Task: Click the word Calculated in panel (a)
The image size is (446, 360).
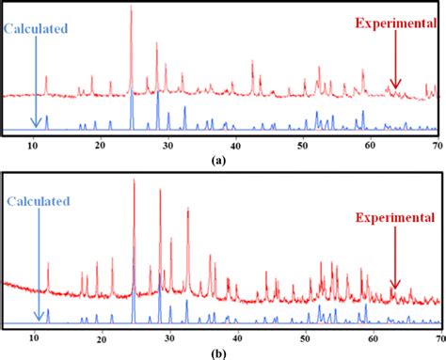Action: point(37,29)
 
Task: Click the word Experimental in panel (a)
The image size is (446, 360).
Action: point(396,23)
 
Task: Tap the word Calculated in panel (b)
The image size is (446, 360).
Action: point(41,200)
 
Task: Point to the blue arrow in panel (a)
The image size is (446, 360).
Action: point(35,80)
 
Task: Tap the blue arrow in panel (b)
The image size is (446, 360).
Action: point(35,263)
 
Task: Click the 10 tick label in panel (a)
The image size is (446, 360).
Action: point(35,145)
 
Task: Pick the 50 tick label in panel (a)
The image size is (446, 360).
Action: point(303,145)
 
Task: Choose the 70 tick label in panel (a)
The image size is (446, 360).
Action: point(437,145)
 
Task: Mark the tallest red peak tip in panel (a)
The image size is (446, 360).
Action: point(131,7)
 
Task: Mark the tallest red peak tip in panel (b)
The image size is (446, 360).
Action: point(135,180)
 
